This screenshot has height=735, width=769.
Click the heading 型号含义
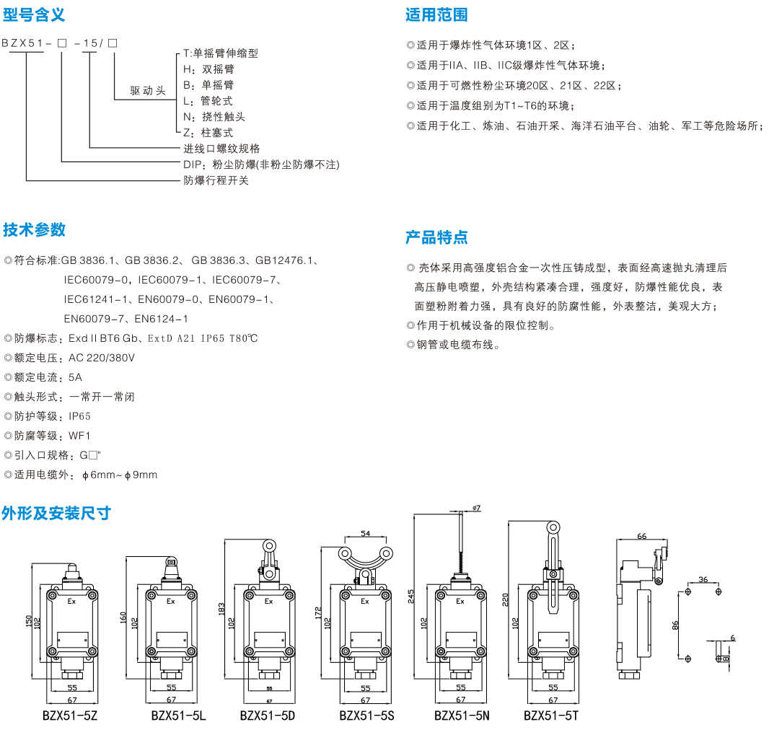34,14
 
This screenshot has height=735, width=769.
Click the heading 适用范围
436,14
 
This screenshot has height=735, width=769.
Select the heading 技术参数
34,229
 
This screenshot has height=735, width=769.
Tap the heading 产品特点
436,237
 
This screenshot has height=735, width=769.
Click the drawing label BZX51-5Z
70,716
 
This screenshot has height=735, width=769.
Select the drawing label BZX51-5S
366,716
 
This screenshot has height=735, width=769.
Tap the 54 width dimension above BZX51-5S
365,534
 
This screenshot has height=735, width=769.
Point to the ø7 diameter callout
476,509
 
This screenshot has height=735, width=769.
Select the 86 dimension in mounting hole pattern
675,625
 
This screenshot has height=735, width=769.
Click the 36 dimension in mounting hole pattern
702,579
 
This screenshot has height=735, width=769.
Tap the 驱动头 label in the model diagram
148,91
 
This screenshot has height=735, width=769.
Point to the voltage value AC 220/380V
102,358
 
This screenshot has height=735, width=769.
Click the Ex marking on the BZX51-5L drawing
170,600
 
